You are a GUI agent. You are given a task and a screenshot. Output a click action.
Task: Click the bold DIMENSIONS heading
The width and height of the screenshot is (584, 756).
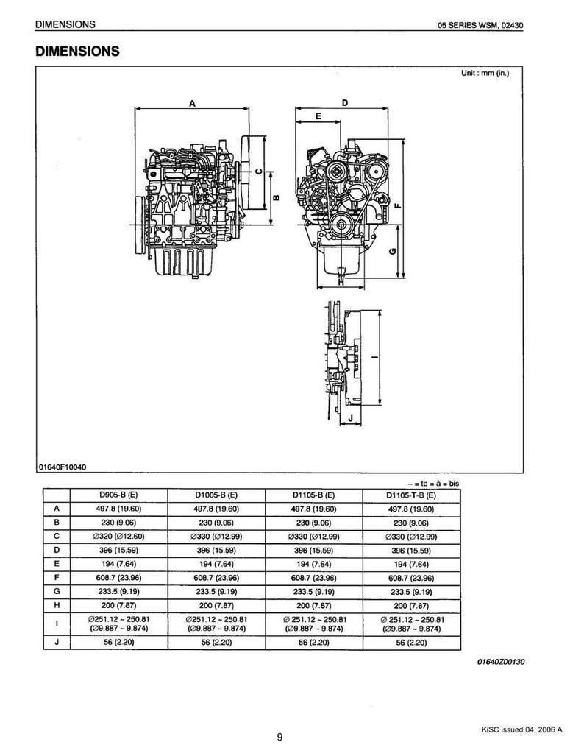[77, 51]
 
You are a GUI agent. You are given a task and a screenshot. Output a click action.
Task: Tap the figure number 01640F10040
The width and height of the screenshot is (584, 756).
[63, 467]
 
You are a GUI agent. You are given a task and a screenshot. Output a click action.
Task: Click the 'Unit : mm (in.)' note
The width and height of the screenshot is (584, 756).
[485, 74]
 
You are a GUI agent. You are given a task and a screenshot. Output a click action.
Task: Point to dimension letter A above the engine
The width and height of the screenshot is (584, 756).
[192, 103]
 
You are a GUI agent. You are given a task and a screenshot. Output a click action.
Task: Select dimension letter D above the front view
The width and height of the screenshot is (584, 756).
[345, 103]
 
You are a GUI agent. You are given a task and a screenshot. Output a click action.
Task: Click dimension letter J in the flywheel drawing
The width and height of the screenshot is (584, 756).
[351, 417]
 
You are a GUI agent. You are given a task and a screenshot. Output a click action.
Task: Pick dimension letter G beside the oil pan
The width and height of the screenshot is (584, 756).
[393, 251]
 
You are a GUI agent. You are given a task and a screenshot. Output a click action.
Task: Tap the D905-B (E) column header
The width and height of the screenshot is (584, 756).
[118, 495]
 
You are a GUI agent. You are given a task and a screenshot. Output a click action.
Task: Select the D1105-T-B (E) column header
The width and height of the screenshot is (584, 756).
[411, 495]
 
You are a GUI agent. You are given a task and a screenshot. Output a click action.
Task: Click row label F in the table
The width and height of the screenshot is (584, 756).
[57, 577]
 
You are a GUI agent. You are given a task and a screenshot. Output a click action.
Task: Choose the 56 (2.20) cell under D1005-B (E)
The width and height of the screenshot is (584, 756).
[216, 642]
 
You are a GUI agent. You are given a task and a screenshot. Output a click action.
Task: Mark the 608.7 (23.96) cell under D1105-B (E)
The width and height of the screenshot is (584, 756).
[313, 578]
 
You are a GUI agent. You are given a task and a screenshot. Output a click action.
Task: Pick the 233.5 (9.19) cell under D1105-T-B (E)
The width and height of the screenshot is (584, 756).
[411, 592]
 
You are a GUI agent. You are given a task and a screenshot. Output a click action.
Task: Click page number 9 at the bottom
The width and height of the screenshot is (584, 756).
[280, 736]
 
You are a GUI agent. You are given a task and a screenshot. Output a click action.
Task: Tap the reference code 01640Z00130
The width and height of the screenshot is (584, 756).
[501, 662]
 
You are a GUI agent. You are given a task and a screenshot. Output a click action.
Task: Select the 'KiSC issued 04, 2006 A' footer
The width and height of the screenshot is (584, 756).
[521, 729]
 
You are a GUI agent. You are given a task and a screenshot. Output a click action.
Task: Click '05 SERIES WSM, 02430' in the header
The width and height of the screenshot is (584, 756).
[480, 25]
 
